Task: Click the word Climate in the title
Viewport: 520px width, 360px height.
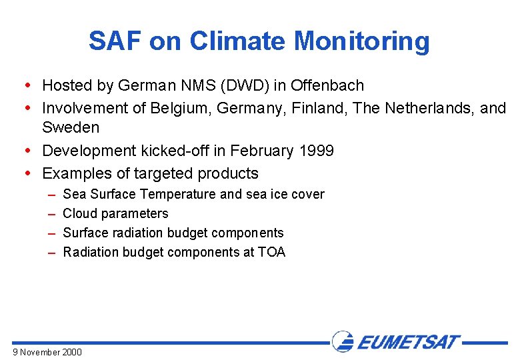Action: point(238,41)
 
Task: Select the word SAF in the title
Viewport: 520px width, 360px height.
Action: point(115,41)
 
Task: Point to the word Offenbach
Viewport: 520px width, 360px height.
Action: point(327,85)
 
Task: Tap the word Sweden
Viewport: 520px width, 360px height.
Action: point(71,127)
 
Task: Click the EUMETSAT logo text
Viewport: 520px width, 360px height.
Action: point(408,342)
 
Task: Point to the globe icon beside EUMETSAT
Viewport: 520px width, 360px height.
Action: point(343,341)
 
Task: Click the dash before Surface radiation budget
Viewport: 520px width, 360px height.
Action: point(51,233)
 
